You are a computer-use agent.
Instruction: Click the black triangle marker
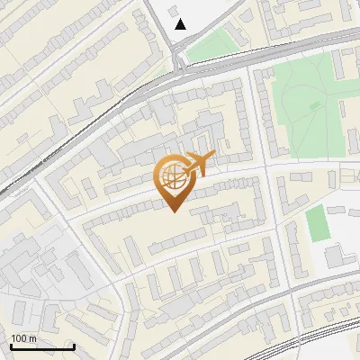181,24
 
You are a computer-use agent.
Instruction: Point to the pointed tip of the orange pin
171,211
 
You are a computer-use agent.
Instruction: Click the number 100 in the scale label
19,338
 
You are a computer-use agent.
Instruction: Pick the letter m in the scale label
33,338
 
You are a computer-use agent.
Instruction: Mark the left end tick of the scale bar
12,345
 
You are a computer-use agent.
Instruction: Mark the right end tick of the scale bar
73,345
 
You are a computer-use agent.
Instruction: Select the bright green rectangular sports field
316,223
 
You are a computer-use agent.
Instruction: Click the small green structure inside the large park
315,105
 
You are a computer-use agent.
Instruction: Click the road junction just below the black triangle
180,65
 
